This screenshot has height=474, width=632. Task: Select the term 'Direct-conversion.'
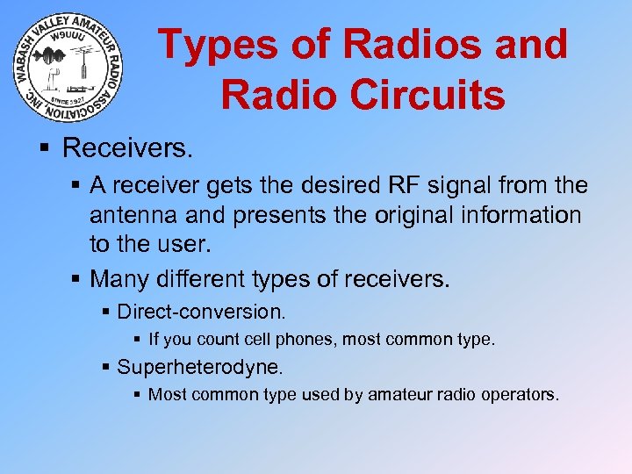coord(201,312)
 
